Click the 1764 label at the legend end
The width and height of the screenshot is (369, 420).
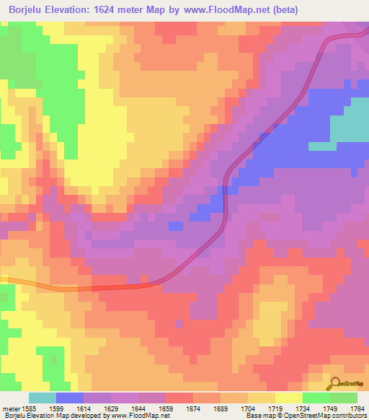(356, 408)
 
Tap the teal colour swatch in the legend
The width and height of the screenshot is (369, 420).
(43, 398)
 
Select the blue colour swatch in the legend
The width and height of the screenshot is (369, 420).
(70, 398)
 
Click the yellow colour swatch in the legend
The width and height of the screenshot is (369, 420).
(289, 398)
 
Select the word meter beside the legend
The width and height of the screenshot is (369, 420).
(11, 408)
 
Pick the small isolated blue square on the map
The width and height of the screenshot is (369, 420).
(175, 226)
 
